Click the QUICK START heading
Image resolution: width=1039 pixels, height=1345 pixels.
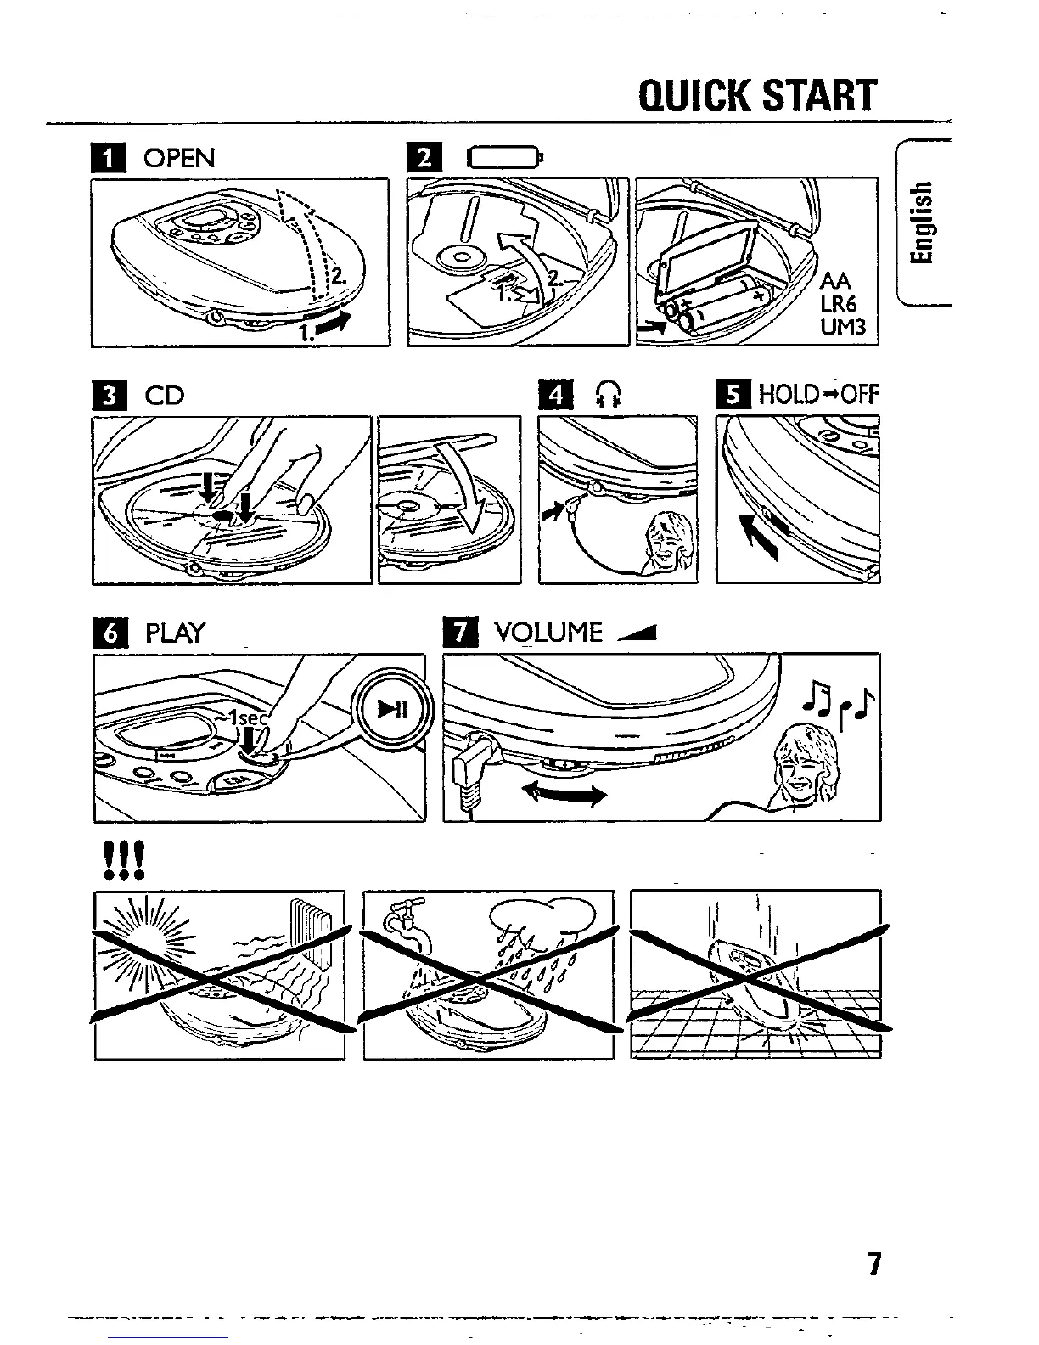(x=756, y=96)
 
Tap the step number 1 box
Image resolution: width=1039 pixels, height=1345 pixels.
(x=111, y=160)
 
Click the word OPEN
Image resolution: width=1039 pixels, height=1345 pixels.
(x=179, y=159)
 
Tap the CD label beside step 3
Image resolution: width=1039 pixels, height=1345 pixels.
(x=164, y=396)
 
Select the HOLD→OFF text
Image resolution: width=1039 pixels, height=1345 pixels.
(x=817, y=395)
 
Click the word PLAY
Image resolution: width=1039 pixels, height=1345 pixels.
(x=176, y=633)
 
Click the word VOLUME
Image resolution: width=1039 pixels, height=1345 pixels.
(x=548, y=633)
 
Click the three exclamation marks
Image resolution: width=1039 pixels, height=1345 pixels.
(x=122, y=861)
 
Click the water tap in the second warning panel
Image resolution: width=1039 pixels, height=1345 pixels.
(x=401, y=920)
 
